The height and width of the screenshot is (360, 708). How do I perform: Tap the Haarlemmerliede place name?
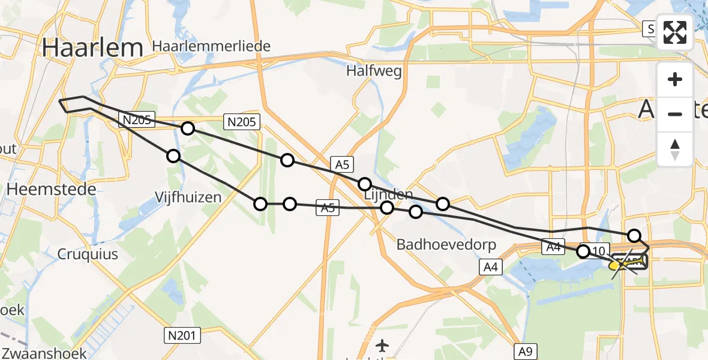[211, 46]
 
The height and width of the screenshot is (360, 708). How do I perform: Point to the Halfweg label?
[374, 71]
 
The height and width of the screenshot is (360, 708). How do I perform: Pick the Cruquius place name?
[88, 254]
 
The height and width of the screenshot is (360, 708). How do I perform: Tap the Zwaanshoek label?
[44, 353]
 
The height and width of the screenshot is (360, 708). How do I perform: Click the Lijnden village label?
[388, 194]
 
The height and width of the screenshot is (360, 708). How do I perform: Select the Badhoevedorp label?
[435, 245]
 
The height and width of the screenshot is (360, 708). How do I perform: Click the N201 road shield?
[182, 335]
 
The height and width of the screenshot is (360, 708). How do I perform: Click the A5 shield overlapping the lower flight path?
[328, 208]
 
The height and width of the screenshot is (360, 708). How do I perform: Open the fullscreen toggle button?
[675, 32]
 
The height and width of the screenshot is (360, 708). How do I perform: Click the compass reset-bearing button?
[675, 150]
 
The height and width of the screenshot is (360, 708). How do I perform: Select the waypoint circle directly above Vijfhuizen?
[173, 156]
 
